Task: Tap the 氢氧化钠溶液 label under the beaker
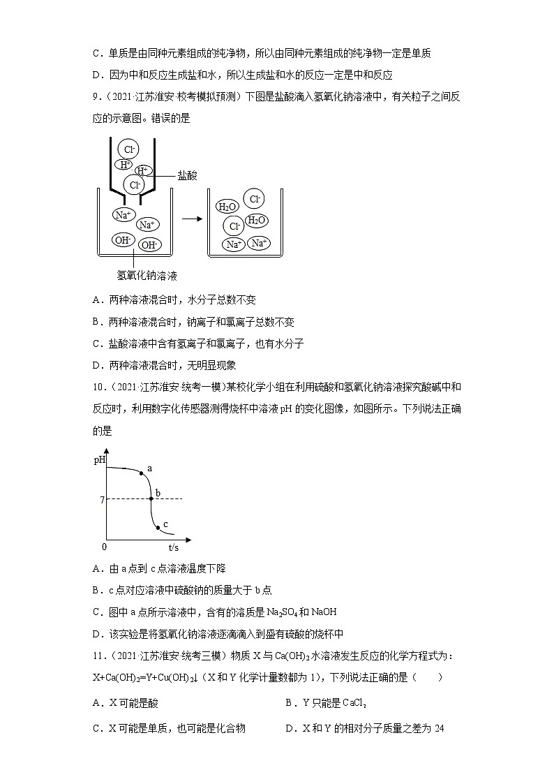pos(147,276)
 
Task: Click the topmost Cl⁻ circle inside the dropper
pos(128,149)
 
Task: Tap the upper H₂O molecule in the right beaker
pos(227,207)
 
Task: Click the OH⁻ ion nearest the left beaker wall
pos(123,240)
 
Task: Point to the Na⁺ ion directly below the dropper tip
pos(122,215)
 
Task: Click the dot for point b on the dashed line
pos(150,498)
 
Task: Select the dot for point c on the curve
pos(158,528)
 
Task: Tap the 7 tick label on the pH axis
pos(102,500)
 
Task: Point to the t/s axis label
pos(174,548)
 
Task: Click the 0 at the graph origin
pos(105,547)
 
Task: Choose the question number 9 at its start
pos(95,97)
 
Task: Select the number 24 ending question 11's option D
pos(439,728)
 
